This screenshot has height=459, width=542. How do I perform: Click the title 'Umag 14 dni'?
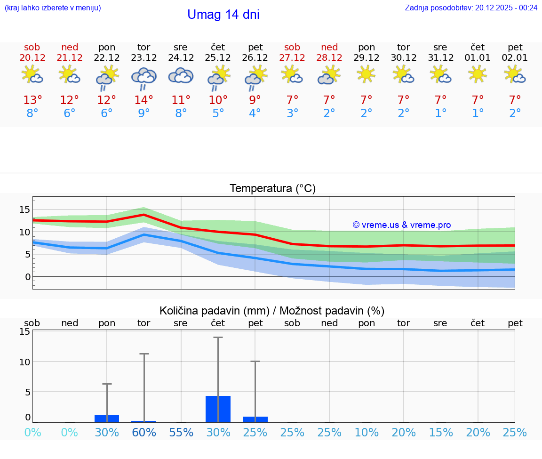(223, 15)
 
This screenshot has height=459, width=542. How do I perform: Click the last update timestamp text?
(471, 8)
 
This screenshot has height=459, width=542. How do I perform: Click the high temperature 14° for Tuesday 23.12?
(143, 100)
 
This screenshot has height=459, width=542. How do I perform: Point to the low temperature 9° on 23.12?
(143, 113)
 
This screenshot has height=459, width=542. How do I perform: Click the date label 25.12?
(218, 57)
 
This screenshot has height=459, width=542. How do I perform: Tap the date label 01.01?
(478, 57)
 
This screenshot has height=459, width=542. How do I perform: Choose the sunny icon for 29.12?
(366, 74)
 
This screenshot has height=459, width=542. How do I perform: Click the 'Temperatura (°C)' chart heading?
(272, 188)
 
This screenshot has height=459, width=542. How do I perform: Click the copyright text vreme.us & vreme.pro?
(401, 225)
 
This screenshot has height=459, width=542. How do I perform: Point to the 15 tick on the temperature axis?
(24, 209)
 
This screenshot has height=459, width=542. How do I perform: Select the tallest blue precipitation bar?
(218, 409)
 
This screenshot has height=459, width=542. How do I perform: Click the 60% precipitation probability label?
(143, 432)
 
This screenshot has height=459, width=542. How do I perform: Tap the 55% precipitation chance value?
(181, 432)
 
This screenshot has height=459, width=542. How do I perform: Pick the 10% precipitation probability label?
(367, 432)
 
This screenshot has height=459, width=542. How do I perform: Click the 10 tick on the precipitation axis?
(24, 362)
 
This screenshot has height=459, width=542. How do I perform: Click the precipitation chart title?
(272, 311)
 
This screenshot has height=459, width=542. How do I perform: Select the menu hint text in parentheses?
(53, 8)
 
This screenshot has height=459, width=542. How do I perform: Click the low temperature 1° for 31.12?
(441, 113)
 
